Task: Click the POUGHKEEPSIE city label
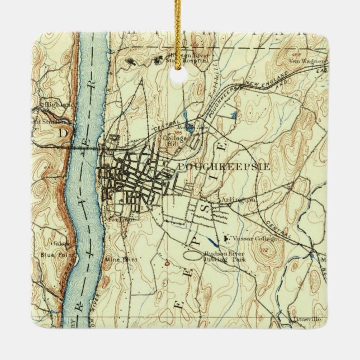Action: [215, 167]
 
